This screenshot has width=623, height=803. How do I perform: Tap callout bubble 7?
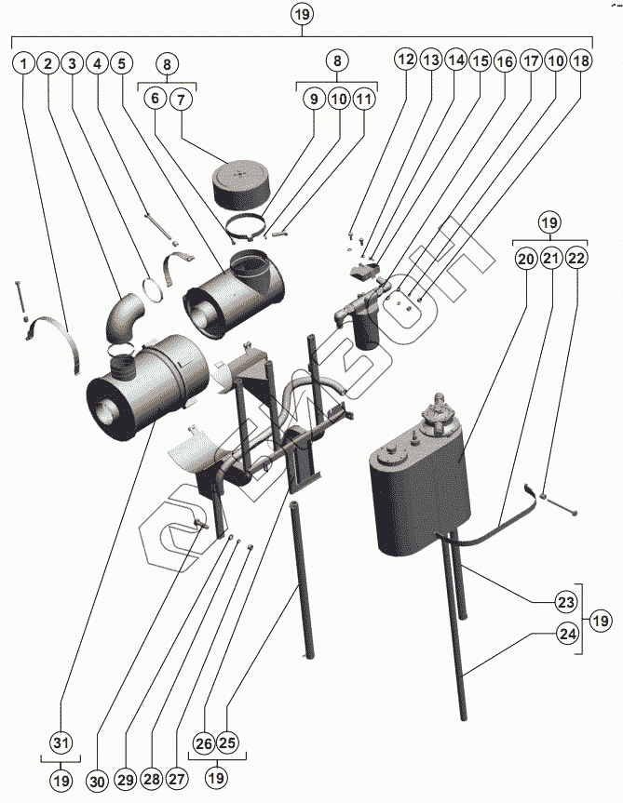[181, 98]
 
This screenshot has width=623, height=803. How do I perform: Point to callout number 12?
[405, 60]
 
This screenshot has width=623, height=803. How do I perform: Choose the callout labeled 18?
[580, 60]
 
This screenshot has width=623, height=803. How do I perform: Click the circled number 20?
[525, 260]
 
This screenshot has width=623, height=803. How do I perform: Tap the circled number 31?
[61, 743]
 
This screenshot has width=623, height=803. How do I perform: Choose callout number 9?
[313, 98]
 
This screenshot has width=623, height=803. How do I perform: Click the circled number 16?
[504, 60]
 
